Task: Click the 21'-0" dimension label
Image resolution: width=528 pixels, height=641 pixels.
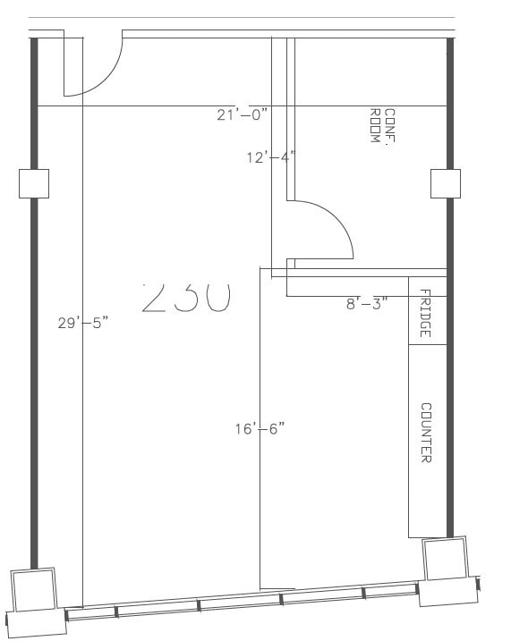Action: coord(242,114)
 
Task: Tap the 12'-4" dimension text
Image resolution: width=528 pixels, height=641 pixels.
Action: coord(270,157)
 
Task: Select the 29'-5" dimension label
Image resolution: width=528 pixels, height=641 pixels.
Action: coord(82,323)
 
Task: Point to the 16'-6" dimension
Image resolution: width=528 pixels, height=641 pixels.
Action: coord(260,429)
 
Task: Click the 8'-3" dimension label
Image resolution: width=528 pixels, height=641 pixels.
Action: coord(367,303)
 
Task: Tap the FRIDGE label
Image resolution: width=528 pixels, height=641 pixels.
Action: coord(425,314)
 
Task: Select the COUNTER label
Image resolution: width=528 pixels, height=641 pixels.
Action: coord(426,433)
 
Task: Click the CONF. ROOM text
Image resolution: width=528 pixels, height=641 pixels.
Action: coord(382,129)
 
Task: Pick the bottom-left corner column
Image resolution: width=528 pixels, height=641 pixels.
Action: coord(34,591)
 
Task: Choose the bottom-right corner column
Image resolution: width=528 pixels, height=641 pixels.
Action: coord(445,559)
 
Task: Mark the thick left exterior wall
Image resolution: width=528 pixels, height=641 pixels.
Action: coord(34,375)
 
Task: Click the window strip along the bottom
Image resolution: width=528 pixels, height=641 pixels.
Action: coord(242,603)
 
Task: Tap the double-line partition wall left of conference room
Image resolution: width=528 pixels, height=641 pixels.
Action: coord(290,116)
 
